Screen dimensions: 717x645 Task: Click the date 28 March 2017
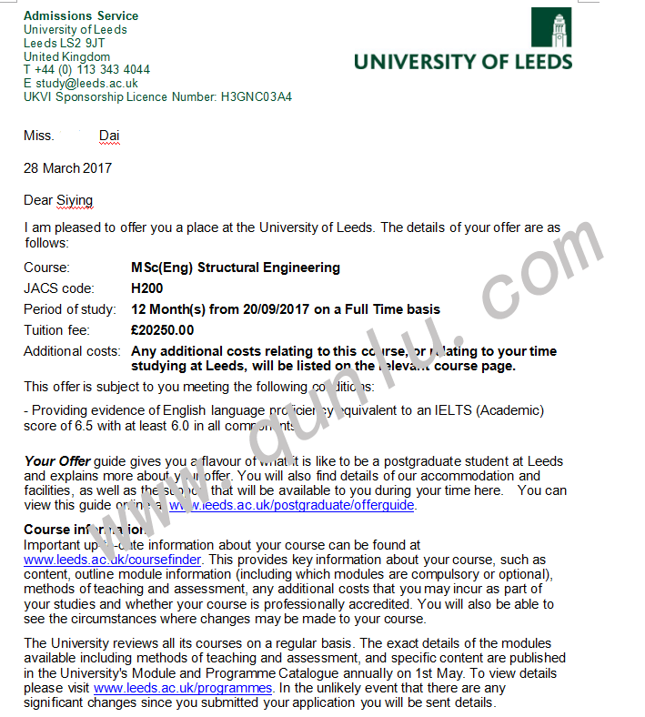coord(67,168)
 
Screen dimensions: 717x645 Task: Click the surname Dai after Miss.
coord(109,136)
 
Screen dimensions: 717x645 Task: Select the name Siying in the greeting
coord(75,200)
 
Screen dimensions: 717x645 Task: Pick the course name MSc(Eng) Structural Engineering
coord(236,268)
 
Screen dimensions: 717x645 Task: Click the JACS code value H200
coord(147,288)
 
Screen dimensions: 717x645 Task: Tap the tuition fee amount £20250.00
coord(163,330)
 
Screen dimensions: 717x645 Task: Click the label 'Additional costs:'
coord(72,351)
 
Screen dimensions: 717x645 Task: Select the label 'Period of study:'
coord(70,309)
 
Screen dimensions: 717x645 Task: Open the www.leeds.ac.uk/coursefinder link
coord(113,560)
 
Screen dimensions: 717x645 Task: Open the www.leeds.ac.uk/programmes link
coord(183,689)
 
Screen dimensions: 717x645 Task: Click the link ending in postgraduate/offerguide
coord(291,505)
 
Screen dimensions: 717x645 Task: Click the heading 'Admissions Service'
coord(81,15)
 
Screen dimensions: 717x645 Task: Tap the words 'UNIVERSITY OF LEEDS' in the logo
coord(463,62)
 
